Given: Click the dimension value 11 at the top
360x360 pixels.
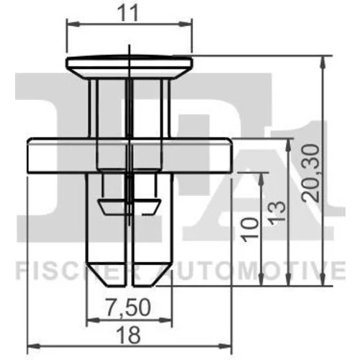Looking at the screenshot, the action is [x=129, y=13].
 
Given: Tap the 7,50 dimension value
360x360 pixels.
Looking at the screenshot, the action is [x=128, y=307].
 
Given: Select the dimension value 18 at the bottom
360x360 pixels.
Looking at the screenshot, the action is [x=128, y=336].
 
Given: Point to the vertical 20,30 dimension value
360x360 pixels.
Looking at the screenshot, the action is [x=310, y=173].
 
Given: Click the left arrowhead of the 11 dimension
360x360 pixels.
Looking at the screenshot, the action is [x=73, y=24].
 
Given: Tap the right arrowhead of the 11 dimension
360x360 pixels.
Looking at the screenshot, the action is [x=186, y=24].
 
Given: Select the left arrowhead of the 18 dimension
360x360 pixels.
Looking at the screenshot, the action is [x=34, y=346].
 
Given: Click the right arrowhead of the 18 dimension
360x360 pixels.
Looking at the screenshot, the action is [x=225, y=346].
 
